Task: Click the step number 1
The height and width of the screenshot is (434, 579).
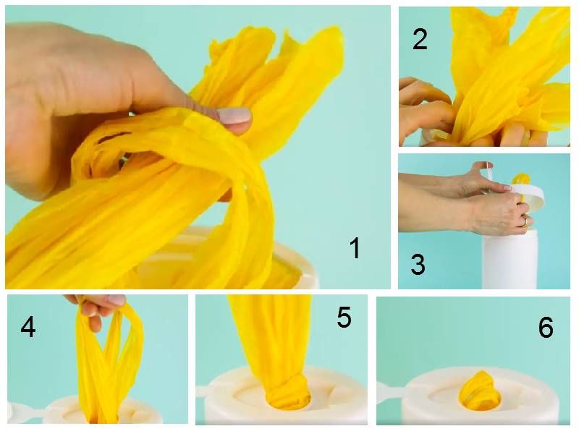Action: tap(355, 248)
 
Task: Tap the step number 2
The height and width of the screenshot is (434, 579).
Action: tap(420, 39)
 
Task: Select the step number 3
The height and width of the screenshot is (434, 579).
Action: tap(418, 264)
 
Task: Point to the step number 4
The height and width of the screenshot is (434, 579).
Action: tap(28, 327)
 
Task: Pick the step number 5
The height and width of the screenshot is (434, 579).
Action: tap(344, 317)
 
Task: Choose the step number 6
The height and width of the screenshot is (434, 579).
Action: tap(546, 327)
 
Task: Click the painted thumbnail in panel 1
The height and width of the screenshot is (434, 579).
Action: tap(234, 116)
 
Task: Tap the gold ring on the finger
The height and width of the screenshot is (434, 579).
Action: tap(525, 221)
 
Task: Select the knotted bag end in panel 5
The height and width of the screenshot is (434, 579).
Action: tap(288, 388)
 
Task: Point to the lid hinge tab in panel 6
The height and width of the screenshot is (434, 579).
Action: tap(390, 392)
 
